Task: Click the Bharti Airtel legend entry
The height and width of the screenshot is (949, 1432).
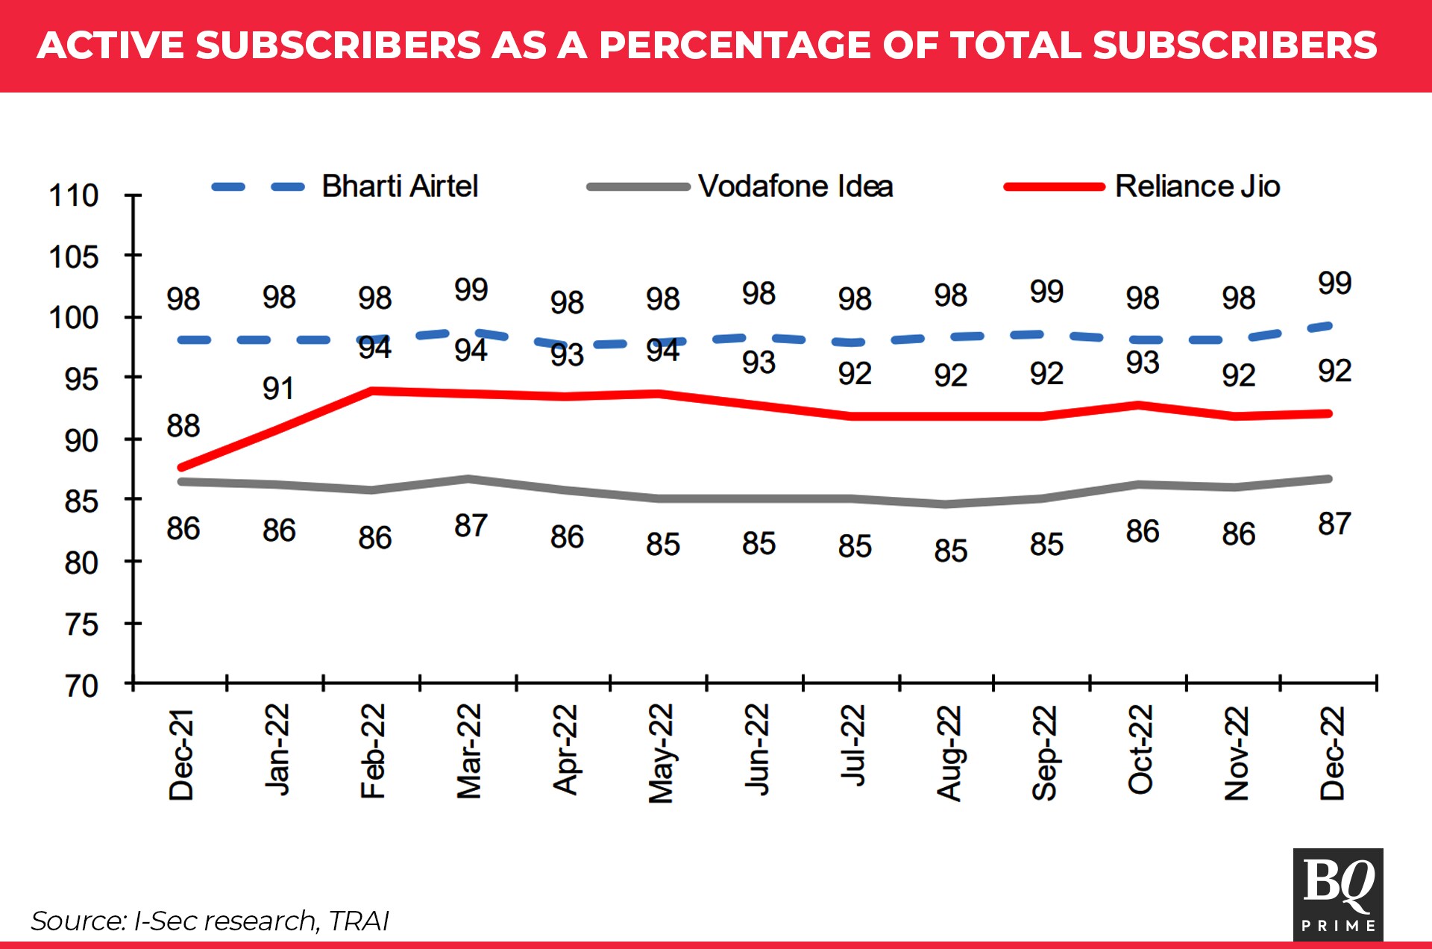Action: click(x=399, y=187)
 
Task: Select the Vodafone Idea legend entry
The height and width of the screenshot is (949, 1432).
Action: click(x=795, y=187)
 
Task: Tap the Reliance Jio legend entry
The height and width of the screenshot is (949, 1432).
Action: click(x=1196, y=187)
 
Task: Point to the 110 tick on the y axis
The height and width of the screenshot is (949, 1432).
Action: click(x=73, y=195)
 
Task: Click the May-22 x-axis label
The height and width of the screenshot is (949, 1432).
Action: click(x=661, y=754)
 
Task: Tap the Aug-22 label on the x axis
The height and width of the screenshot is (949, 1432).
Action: click(x=949, y=754)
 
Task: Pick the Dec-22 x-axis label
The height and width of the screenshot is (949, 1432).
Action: click(x=1332, y=754)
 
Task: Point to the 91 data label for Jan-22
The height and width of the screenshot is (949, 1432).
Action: click(x=278, y=389)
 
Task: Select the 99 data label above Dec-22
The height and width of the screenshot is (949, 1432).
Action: click(x=1334, y=284)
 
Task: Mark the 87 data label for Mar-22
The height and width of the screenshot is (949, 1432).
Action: click(x=471, y=526)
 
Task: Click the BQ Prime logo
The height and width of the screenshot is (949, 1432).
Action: click(x=1338, y=894)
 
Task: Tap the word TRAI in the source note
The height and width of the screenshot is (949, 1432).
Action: click(x=359, y=921)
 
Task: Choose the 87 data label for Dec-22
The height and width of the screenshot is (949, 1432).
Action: click(x=1334, y=524)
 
